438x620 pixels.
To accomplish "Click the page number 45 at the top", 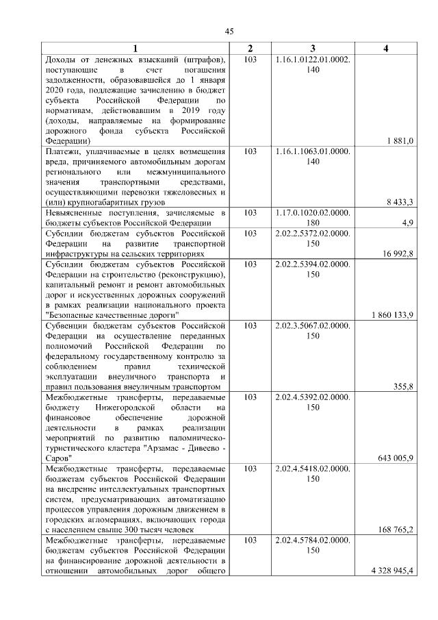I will (x=230, y=31).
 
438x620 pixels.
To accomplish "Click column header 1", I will (x=135, y=49).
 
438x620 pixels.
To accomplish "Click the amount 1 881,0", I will (x=400, y=140).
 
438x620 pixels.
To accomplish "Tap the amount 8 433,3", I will (x=400, y=202).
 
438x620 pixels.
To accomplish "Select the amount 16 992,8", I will (x=397, y=254).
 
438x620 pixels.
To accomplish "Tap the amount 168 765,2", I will (x=396, y=530).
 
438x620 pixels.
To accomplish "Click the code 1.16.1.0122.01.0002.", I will (x=312, y=60).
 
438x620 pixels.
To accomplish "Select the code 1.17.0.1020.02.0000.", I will (x=312, y=212).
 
